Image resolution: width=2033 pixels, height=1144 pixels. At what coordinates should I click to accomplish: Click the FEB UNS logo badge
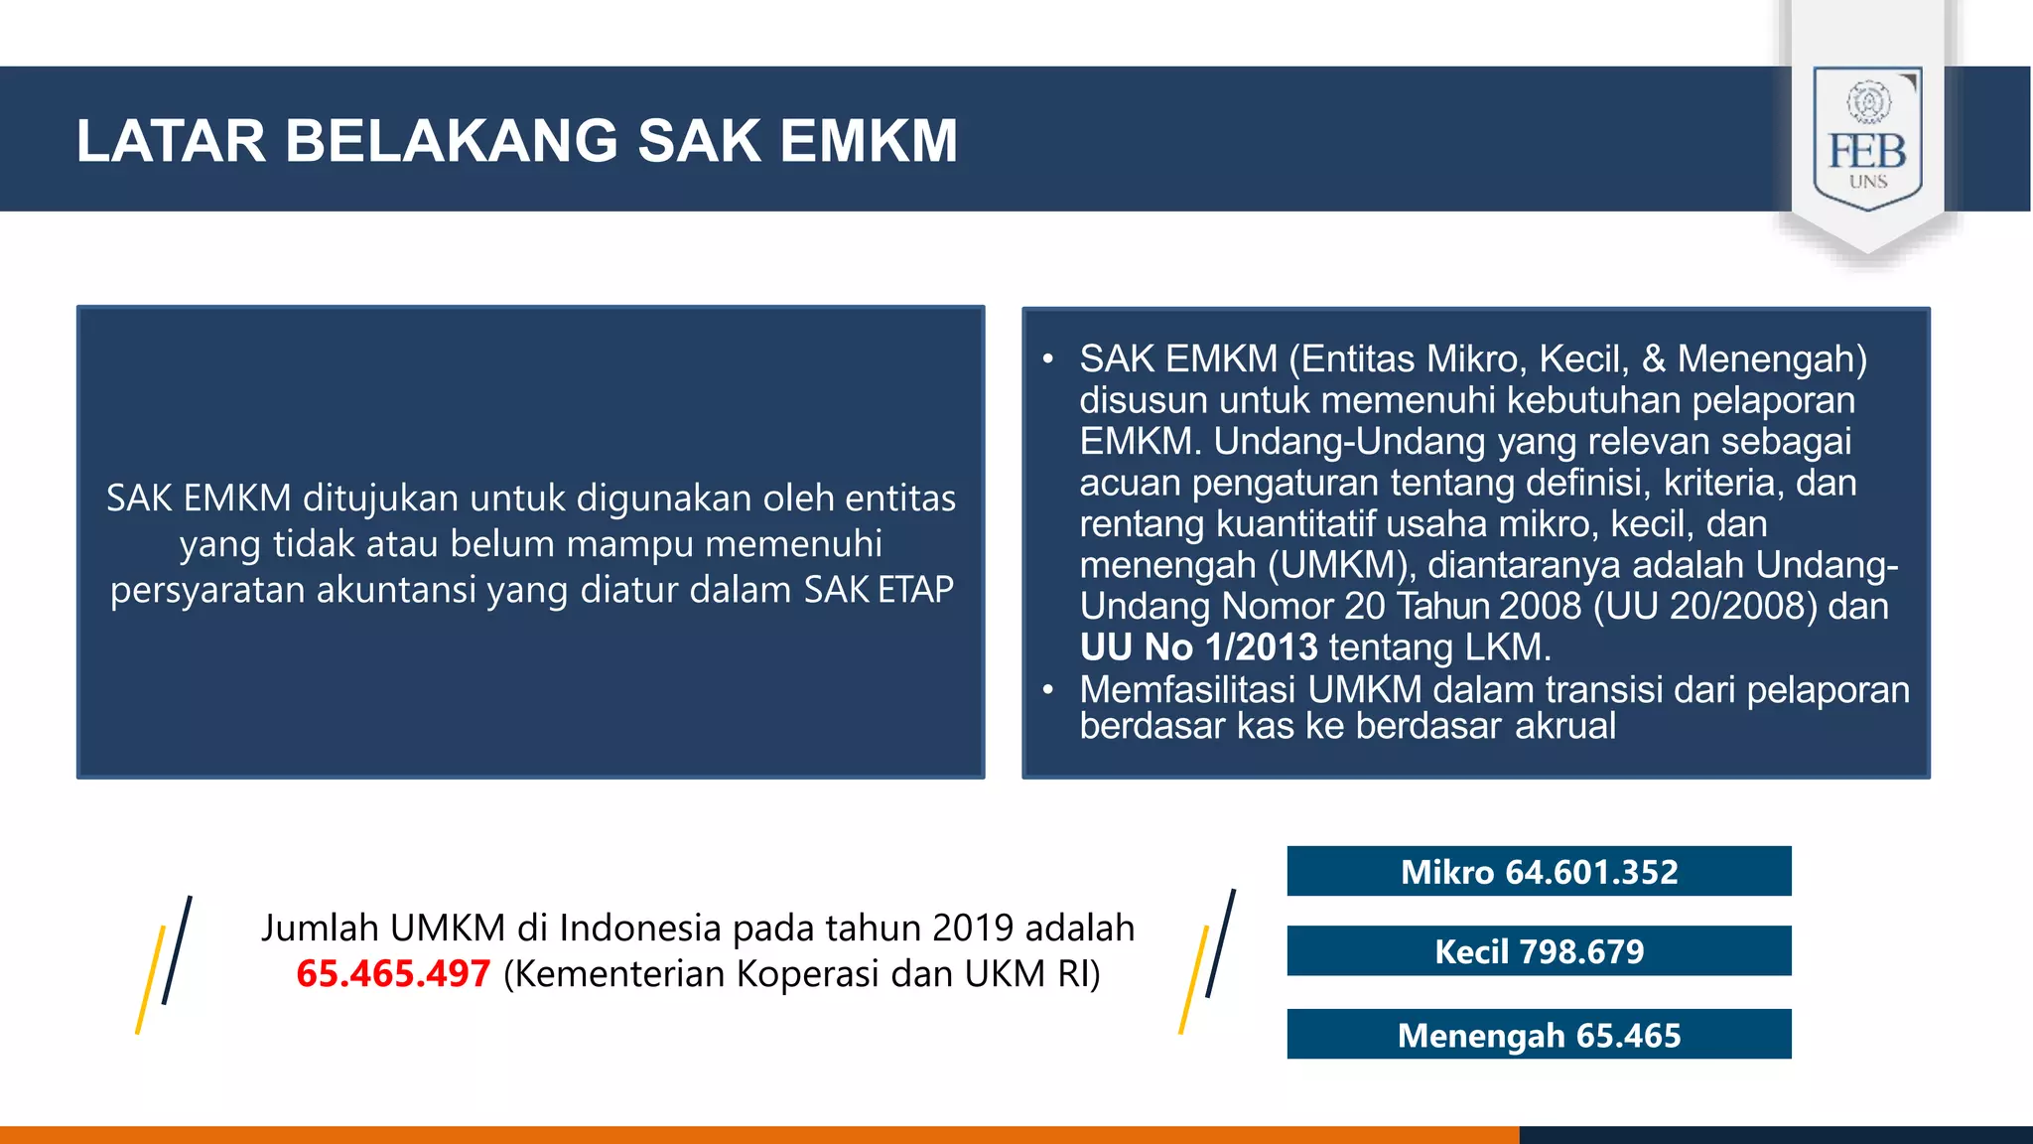[x=1867, y=138]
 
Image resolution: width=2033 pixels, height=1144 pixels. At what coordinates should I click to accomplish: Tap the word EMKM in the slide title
[x=869, y=140]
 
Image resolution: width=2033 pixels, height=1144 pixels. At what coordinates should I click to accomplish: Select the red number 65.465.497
[x=393, y=973]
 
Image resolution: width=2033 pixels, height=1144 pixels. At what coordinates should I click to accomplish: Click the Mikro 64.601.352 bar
[x=1539, y=871]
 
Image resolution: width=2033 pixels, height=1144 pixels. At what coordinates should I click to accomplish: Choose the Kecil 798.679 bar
[x=1539, y=950]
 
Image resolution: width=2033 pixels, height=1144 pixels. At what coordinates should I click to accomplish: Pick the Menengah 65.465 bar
[x=1539, y=1035]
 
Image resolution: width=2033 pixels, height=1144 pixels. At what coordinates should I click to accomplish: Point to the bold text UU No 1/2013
[x=1198, y=647]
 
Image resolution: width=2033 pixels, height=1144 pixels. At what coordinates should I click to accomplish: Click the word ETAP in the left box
[x=915, y=590]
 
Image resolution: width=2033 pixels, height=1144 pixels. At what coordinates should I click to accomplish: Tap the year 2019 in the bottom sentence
[x=973, y=928]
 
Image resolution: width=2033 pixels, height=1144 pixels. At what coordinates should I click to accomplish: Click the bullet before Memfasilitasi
[x=1047, y=689]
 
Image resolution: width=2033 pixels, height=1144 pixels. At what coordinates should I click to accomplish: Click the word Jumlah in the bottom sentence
[x=321, y=928]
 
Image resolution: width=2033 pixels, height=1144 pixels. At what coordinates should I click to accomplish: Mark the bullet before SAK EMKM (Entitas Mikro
[x=1047, y=358]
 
